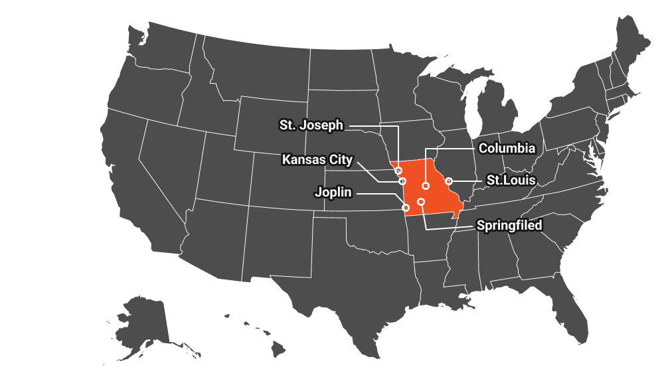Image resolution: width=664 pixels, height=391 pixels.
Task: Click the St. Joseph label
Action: click(311, 125)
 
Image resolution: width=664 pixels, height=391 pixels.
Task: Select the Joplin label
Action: click(333, 193)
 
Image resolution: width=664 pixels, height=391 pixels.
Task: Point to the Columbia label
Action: click(507, 147)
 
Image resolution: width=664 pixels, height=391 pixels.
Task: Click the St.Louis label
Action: click(511, 180)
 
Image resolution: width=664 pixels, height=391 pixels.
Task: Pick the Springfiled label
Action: click(509, 226)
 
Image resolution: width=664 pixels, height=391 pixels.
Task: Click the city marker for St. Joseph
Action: click(398, 170)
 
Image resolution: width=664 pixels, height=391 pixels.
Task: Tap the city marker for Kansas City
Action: click(402, 181)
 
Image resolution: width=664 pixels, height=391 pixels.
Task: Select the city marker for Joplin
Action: click(406, 208)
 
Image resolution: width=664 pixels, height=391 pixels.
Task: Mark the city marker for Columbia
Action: click(426, 186)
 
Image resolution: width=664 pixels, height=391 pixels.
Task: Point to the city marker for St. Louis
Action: click(449, 181)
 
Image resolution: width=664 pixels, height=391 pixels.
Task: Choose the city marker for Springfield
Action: click(421, 201)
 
